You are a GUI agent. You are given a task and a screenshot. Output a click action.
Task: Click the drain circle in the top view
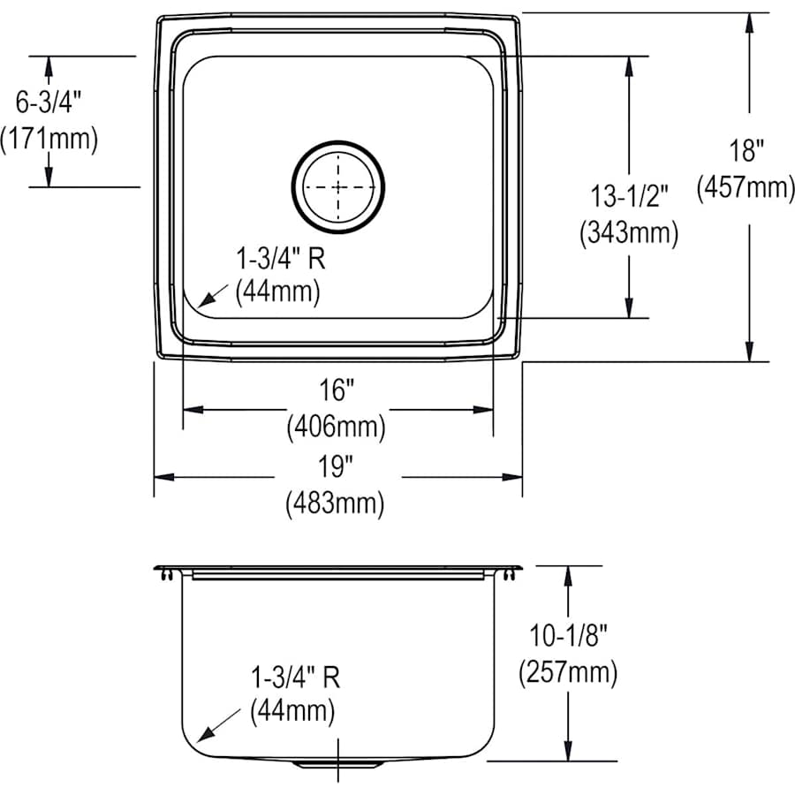[339, 187]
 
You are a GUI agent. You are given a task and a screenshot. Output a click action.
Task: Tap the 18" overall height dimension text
[746, 151]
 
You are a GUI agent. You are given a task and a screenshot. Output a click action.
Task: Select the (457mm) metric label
[746, 187]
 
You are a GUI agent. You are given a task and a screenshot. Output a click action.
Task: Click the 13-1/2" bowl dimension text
[629, 196]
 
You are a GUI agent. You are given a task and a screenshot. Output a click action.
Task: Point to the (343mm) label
[629, 233]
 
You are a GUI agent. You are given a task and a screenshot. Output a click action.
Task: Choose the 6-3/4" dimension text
[49, 102]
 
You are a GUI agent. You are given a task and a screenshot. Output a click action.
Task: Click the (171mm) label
[49, 139]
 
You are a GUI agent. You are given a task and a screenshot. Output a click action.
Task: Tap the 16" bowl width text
[337, 389]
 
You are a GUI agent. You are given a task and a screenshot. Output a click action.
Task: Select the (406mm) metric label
[337, 428]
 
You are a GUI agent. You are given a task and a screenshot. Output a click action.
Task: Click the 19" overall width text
[337, 466]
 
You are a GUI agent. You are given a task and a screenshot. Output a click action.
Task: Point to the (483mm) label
[336, 503]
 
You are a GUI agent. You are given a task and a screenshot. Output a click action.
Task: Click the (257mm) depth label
[567, 672]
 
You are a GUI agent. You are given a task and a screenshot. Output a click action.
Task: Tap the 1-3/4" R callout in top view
[276, 258]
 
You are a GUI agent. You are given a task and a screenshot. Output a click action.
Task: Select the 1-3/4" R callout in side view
[294, 678]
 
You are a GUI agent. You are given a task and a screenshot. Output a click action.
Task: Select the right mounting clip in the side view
[510, 575]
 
